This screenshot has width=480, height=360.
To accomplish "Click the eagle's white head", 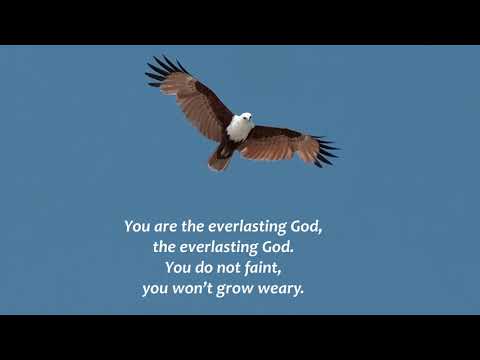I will click(244, 118).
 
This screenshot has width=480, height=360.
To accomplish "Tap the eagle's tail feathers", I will click(220, 157).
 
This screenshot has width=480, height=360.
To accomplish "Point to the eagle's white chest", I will click(238, 129).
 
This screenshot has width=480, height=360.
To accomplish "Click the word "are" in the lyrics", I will click(168, 226).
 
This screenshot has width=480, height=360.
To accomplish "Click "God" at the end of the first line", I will click(305, 226).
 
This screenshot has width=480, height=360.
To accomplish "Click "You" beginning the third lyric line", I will click(176, 268).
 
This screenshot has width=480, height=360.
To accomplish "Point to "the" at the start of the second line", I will click(164, 247).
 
